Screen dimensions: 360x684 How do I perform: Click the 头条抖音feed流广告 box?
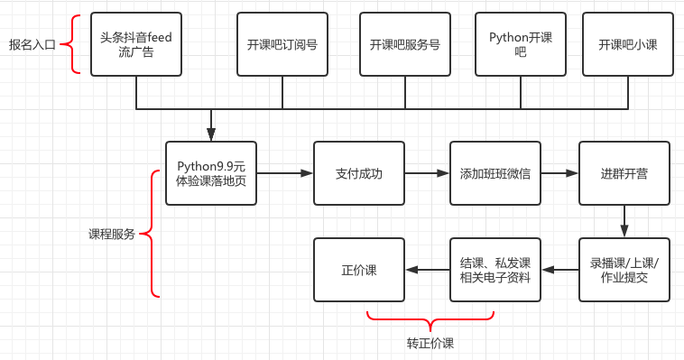pos(135,44)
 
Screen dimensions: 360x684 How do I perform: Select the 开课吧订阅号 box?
pos(282,44)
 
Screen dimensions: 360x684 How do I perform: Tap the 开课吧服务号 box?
pos(404,44)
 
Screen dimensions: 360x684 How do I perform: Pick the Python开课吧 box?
pos(521,44)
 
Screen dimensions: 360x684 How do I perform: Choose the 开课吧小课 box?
pos(628,44)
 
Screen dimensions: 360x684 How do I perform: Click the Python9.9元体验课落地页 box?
pos(211,172)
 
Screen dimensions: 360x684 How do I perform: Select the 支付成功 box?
pos(358,172)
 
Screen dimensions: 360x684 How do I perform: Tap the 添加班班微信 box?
pos(495,172)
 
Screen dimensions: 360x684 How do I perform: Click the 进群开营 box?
pos(624,172)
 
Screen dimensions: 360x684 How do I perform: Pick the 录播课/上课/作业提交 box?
pos(624,270)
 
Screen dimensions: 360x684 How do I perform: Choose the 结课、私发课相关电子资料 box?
pos(495,270)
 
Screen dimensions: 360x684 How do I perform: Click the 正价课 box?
pos(358,270)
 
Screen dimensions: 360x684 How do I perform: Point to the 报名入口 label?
pos(32,44)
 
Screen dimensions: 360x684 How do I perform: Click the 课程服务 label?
pos(111,234)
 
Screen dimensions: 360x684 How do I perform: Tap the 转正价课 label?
pos(430,343)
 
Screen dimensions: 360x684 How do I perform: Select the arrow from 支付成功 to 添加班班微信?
pos(426,172)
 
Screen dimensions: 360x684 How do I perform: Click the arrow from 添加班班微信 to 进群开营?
pos(559,172)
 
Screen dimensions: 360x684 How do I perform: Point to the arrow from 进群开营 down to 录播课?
pos(624,221)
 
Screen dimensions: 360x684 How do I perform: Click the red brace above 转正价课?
pos(430,318)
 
